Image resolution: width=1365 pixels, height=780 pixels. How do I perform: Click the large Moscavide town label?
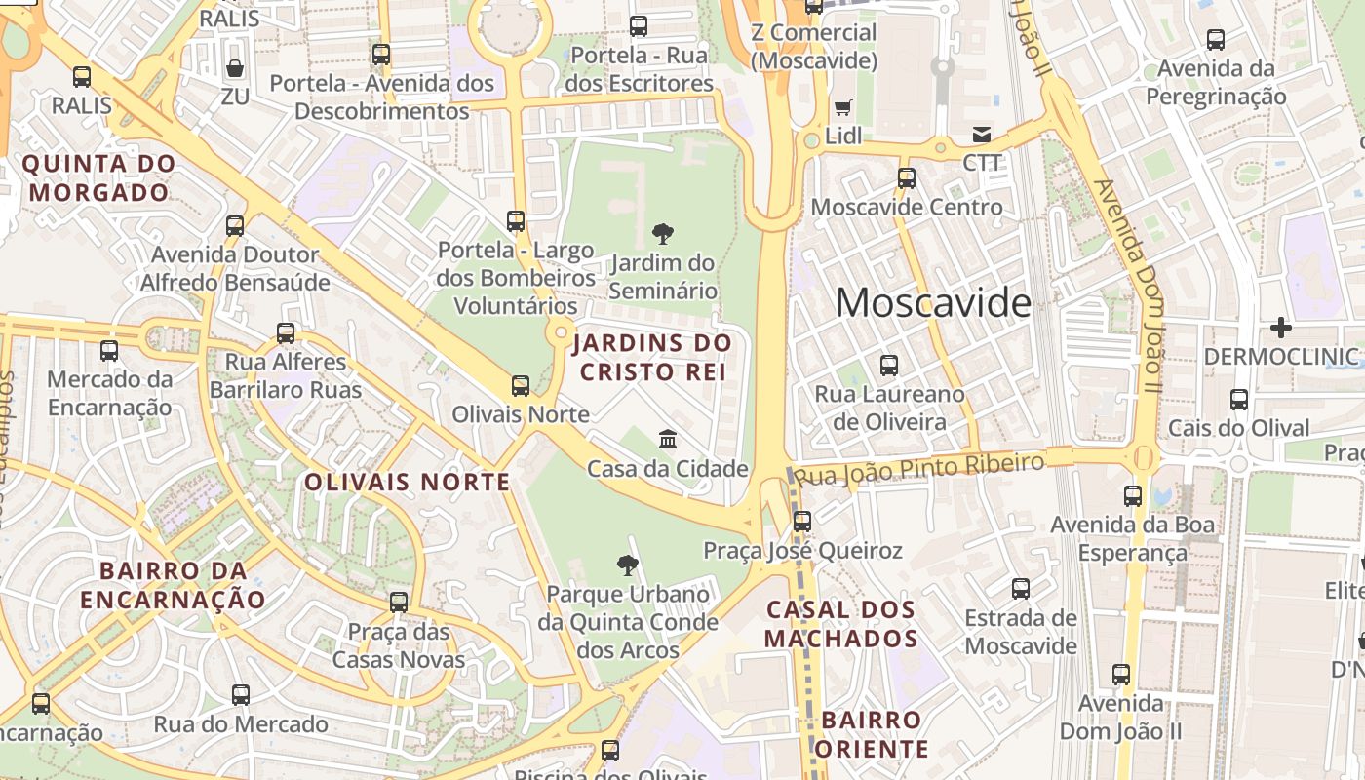click(x=933, y=303)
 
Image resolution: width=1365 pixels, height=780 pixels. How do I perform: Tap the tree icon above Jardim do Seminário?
click(x=662, y=234)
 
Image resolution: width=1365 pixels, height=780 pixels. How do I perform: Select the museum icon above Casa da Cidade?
click(x=668, y=439)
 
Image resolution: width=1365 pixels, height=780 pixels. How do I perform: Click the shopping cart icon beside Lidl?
click(x=842, y=107)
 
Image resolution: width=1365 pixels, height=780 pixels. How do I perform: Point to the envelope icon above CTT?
click(x=981, y=134)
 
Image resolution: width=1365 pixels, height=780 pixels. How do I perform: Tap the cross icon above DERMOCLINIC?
click(x=1281, y=328)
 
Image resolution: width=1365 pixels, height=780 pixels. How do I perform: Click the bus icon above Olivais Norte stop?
click(x=521, y=385)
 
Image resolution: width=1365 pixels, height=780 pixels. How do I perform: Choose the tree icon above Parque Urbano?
click(x=627, y=565)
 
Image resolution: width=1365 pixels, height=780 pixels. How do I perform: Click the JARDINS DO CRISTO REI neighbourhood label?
click(x=652, y=357)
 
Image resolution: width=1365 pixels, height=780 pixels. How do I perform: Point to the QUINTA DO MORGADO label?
click(x=99, y=177)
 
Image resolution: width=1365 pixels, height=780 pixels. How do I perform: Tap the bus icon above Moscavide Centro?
click(x=907, y=177)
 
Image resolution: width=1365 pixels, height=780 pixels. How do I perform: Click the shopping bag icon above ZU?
click(x=234, y=68)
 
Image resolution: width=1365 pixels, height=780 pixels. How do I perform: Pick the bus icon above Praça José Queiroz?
click(x=801, y=521)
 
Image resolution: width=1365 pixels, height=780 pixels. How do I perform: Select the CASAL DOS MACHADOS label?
click(x=841, y=624)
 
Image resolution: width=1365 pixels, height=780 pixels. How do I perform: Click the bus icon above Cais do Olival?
click(x=1238, y=399)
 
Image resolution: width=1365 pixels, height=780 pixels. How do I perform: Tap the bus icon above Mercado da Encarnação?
click(x=109, y=350)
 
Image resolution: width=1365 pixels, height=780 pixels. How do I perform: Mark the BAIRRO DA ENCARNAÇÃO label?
click(x=173, y=584)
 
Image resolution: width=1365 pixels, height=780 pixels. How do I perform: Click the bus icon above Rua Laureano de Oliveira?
click(x=889, y=366)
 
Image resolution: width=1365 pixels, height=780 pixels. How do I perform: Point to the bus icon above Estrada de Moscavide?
click(x=1021, y=589)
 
